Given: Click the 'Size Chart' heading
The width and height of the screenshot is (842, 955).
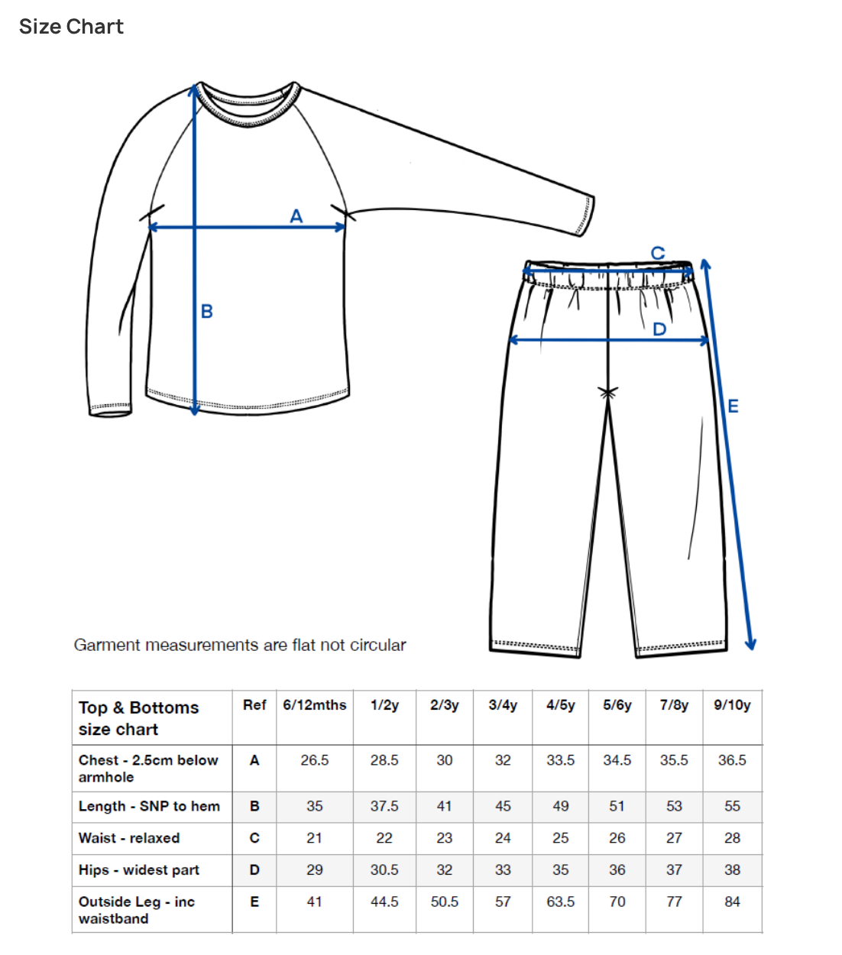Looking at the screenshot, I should pos(71,27).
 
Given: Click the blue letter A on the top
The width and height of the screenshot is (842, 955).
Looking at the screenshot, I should pos(296,216).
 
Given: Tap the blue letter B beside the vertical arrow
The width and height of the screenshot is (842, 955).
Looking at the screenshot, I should pos(206,312).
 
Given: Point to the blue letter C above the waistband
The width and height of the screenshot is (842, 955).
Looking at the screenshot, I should pos(657,253).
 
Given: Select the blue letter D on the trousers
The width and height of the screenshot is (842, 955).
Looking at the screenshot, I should pos(659,329).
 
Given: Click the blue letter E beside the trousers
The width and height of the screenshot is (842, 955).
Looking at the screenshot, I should pos(733,406).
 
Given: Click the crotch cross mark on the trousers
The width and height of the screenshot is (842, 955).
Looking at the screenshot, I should pos(608,393).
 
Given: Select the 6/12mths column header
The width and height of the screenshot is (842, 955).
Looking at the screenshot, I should pos(314,705).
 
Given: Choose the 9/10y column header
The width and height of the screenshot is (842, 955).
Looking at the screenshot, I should pos(732,705).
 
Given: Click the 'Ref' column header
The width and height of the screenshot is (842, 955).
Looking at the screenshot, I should pos(254,705).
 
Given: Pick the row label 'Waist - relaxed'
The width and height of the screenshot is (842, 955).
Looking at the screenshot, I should pos(129,838).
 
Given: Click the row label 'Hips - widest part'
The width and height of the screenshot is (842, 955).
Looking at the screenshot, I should pos(138,870).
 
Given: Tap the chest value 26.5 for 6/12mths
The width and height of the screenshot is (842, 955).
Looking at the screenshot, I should pos(314,760).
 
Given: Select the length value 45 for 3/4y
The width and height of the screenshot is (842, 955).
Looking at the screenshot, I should pos(503,806).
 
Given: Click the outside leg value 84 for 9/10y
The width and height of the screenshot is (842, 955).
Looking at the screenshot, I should pos(732,902).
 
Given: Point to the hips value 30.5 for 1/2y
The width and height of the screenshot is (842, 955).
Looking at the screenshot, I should pos(384,870).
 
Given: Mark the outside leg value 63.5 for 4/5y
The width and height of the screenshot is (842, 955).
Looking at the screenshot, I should pos(560,902).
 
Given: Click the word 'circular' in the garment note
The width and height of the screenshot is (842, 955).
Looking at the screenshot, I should pos(377,645).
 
